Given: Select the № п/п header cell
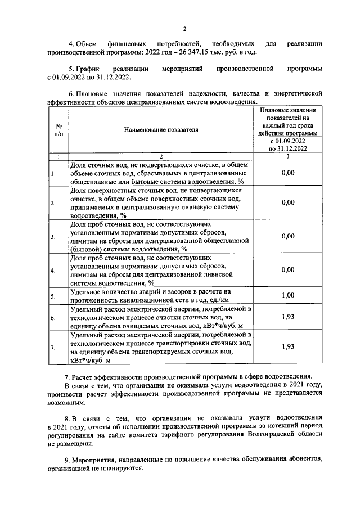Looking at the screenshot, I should click(x=58, y=130).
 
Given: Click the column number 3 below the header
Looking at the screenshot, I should click(x=287, y=156).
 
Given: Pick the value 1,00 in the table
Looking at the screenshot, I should click(x=287, y=295).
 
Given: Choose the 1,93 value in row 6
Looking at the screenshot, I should click(x=287, y=317).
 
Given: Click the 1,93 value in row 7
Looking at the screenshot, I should click(x=287, y=346).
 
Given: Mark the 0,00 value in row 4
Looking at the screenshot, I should click(x=287, y=269).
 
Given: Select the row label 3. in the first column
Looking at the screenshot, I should click(x=53, y=237).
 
